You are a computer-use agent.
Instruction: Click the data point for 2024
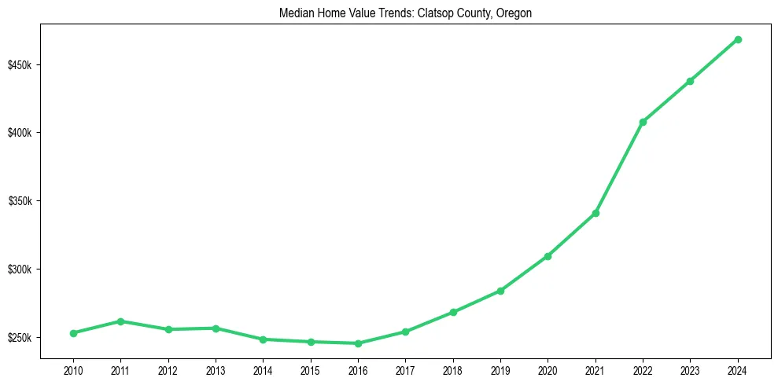pyautogui.click(x=738, y=39)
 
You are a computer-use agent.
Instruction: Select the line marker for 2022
pyautogui.click(x=643, y=122)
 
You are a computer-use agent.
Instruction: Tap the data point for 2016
pyautogui.click(x=358, y=343)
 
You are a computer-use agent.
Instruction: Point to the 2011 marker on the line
pyautogui.click(x=120, y=321)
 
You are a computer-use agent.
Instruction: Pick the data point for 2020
pyautogui.click(x=548, y=256)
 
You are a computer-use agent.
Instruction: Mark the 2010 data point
pyautogui.click(x=73, y=333)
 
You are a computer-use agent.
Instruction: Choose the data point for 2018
pyautogui.click(x=453, y=312)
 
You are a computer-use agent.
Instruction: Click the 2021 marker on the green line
pyautogui.click(x=595, y=213)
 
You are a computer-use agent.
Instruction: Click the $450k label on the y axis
pyautogui.click(x=20, y=64)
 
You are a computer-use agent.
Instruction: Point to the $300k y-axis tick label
pyautogui.click(x=20, y=269)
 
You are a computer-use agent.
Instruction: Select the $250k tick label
pyautogui.click(x=20, y=338)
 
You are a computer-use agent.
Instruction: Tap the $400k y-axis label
pyautogui.click(x=20, y=133)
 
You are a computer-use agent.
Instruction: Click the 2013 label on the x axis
pyautogui.click(x=216, y=369)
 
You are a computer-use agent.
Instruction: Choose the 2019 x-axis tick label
pyautogui.click(x=500, y=369)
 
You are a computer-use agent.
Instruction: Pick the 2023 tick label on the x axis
pyautogui.click(x=690, y=369)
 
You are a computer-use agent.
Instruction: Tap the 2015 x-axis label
pyautogui.click(x=311, y=369)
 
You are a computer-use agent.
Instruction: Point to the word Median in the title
pyautogui.click(x=295, y=13)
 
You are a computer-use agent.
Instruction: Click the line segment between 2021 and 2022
pyautogui.click(x=619, y=167)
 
